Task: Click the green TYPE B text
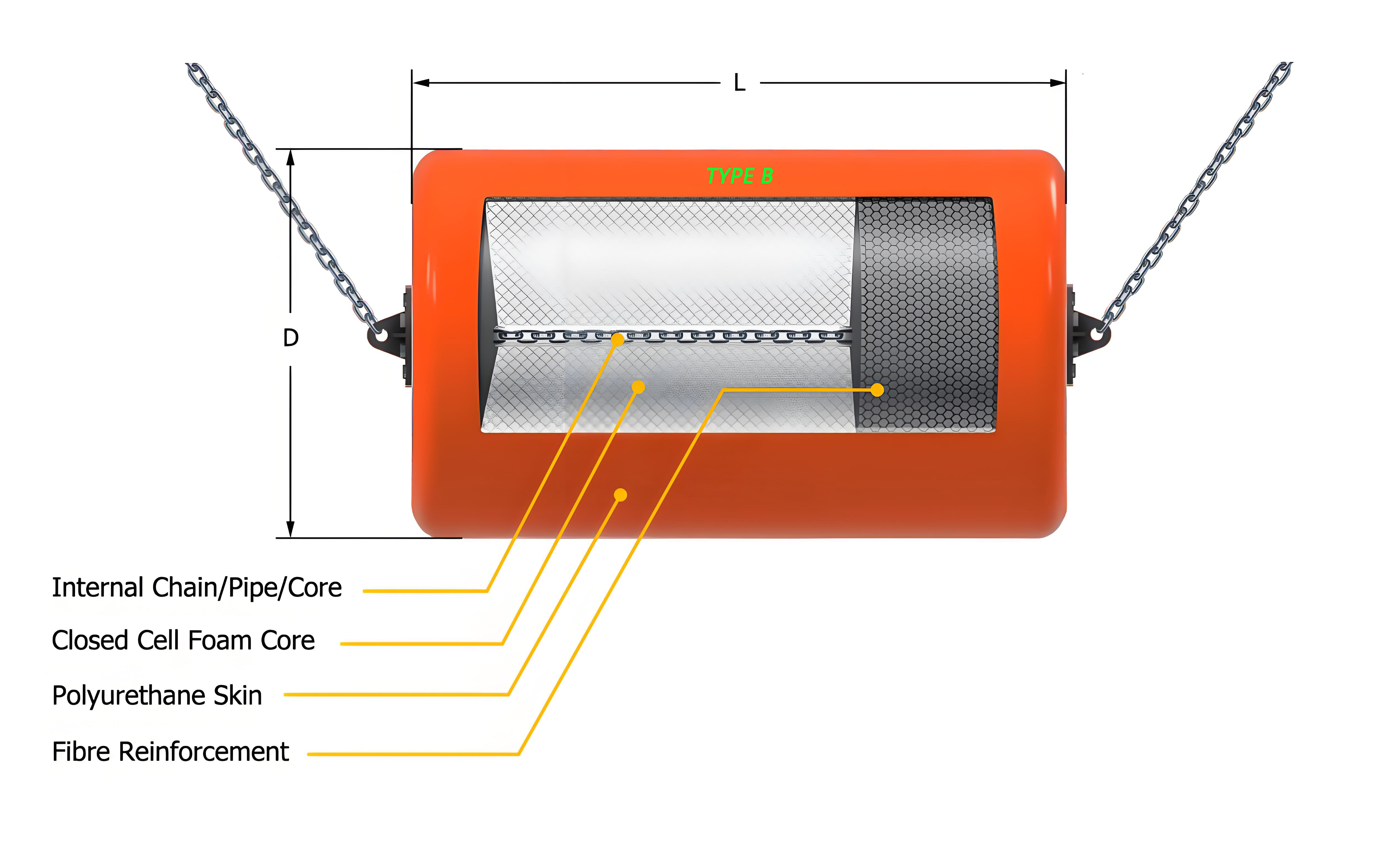pos(740,176)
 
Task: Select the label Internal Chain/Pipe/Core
pos(197,588)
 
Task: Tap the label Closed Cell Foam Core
pos(183,640)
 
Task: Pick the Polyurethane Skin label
pos(157,696)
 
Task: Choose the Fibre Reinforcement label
pos(170,751)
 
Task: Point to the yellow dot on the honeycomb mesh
pos(877,390)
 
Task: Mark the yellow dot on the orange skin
pos(621,495)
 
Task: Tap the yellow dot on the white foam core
pos(638,387)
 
